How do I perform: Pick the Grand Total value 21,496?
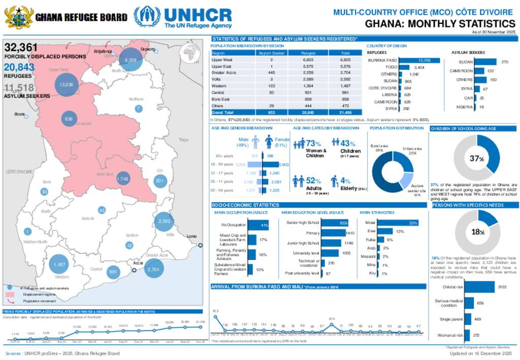pos(345,112)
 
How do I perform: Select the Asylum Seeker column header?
pos(272,53)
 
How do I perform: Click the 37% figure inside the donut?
pos(477,159)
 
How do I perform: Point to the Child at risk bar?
pos(479,287)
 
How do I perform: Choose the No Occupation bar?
pos(257,225)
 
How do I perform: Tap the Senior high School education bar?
pos(336,223)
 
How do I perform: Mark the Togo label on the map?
pos(183,139)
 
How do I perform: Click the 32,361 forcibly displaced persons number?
pos(21,48)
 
